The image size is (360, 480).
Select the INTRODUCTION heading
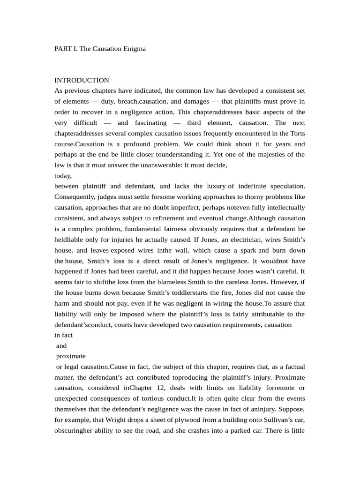click(x=82, y=80)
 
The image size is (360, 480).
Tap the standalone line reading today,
click(x=63, y=176)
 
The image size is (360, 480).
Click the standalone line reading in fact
click(x=64, y=335)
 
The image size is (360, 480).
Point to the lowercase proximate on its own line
click(x=70, y=356)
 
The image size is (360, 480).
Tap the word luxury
click(x=214, y=186)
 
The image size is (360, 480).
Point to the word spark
click(x=247, y=250)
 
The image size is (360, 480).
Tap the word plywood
click(x=200, y=420)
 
